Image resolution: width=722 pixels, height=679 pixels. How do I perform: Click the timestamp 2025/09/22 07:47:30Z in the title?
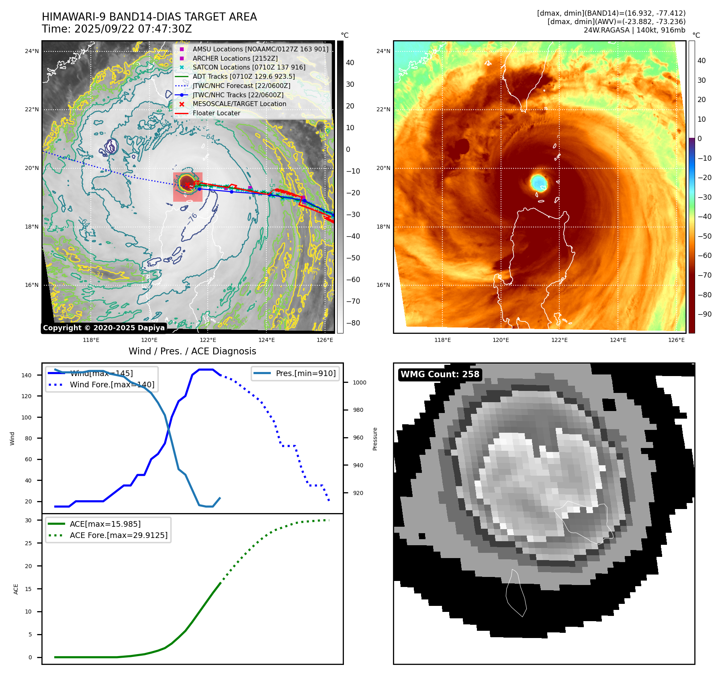click(x=133, y=29)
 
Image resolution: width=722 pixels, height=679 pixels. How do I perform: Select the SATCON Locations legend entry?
click(x=249, y=67)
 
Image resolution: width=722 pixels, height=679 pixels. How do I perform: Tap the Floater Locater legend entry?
click(x=216, y=113)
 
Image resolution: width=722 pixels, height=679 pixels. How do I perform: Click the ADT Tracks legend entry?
click(x=243, y=76)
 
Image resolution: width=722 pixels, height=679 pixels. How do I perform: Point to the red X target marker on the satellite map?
click(x=187, y=185)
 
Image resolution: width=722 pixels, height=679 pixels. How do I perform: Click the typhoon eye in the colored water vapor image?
click(x=538, y=183)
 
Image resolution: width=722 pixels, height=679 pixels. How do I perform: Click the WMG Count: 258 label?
click(x=440, y=374)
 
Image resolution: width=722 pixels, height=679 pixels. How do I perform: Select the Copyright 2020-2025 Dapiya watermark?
click(x=104, y=328)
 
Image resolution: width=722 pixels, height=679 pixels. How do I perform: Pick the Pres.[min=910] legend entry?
click(x=305, y=373)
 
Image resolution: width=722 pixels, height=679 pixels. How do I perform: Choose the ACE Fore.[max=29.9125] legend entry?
click(x=119, y=535)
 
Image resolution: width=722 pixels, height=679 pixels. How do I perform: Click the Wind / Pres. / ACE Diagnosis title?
click(x=192, y=351)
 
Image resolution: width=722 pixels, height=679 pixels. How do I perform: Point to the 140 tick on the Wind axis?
click(x=27, y=375)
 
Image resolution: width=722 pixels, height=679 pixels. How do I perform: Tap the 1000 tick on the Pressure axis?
click(x=359, y=382)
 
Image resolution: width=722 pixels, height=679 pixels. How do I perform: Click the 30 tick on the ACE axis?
click(x=29, y=520)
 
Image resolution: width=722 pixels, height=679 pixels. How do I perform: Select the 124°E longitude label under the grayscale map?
click(x=266, y=340)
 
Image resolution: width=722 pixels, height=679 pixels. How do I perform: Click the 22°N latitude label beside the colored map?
click(x=383, y=109)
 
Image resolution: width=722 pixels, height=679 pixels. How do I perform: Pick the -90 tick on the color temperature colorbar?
click(x=704, y=314)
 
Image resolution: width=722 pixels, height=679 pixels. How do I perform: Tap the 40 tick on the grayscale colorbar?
click(x=350, y=63)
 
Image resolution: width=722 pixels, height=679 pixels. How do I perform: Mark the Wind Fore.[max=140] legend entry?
click(x=112, y=384)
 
